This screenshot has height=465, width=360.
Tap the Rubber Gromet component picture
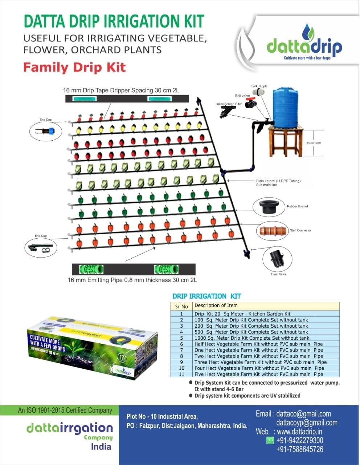[x=266, y=207]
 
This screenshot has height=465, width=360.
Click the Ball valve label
[x=242, y=96]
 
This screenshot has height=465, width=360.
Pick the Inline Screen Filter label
[x=229, y=104]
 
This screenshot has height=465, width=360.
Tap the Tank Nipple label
[x=259, y=86]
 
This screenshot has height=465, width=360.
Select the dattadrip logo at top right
[x=304, y=47]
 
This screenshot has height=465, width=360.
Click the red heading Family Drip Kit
[x=74, y=68]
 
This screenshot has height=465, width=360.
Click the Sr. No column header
[x=181, y=306]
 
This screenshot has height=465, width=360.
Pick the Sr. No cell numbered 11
[x=181, y=374]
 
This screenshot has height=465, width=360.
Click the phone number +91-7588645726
[x=299, y=449]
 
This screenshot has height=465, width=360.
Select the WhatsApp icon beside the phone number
[x=270, y=440]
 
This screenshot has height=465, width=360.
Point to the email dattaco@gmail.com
[x=303, y=414]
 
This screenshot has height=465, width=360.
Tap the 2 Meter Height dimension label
[x=314, y=143]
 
